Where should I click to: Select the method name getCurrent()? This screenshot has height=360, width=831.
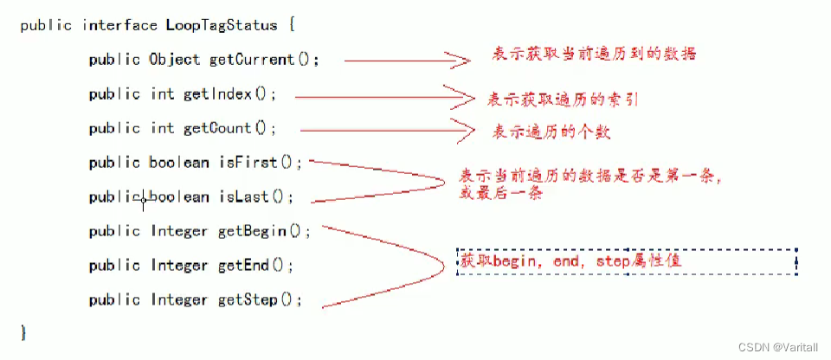point(264,60)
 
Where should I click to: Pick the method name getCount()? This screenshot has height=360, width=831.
point(229,128)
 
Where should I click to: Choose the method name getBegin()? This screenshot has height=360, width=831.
point(263,231)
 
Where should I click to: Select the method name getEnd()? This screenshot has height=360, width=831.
point(255,266)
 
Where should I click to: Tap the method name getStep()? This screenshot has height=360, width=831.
point(260,300)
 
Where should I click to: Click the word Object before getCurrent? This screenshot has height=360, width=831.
point(174,60)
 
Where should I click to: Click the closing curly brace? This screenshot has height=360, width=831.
point(24,333)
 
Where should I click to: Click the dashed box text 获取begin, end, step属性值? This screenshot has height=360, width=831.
point(576,260)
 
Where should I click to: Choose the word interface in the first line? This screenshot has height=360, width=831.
point(115,25)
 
